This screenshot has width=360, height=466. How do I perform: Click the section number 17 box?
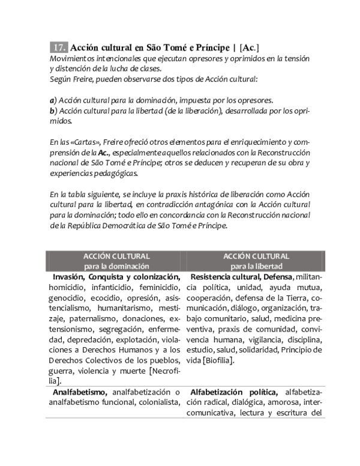coord(59,47)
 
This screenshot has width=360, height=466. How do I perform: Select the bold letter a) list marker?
coord(53,100)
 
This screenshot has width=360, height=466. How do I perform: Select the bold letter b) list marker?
coord(53,110)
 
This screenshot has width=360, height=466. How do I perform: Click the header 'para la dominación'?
coord(116,266)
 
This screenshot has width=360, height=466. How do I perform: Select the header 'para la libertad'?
coord(256,266)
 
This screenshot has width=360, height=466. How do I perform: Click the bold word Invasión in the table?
coord(68,277)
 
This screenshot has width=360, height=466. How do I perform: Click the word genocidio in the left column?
coord(68,298)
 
